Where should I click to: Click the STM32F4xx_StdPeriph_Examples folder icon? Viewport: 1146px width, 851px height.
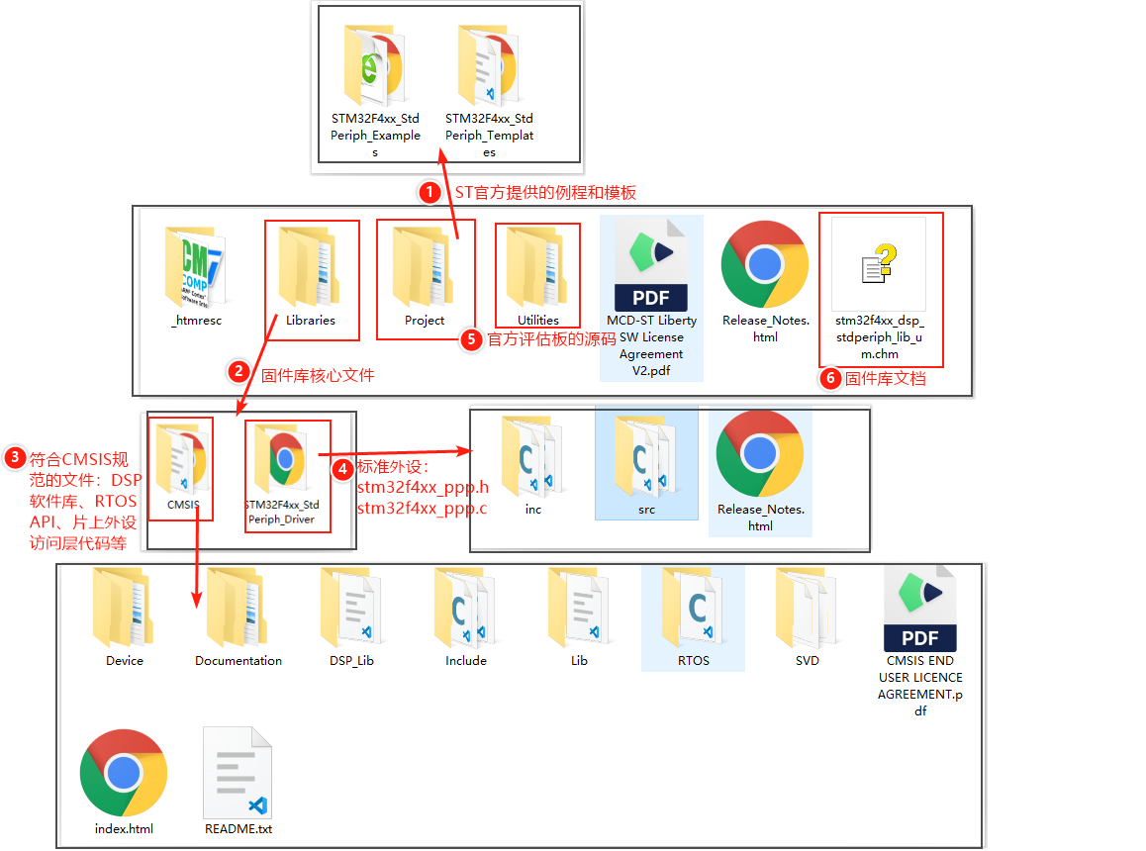click(376, 64)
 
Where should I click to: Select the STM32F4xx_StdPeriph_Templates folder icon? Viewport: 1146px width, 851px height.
click(490, 64)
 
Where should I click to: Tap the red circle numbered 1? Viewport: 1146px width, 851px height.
click(429, 191)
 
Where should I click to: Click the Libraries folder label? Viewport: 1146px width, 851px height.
click(311, 320)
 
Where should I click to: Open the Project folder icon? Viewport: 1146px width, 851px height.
click(425, 266)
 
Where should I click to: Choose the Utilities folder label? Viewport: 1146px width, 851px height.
click(538, 320)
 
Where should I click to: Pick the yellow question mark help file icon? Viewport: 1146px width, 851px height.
click(879, 263)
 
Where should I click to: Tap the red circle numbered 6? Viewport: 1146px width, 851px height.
click(831, 377)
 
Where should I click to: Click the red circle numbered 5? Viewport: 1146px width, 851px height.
click(472, 339)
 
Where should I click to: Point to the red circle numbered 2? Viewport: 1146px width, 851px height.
click(239, 371)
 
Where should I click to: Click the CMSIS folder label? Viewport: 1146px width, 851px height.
click(183, 505)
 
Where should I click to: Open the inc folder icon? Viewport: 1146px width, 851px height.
click(533, 454)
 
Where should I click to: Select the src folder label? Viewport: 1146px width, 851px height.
click(647, 510)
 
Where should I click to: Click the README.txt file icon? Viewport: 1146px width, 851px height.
click(238, 771)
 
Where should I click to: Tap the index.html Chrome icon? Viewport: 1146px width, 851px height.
click(124, 773)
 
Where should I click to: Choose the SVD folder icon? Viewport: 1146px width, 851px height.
click(807, 606)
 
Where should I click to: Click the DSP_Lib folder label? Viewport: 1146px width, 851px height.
click(352, 660)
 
